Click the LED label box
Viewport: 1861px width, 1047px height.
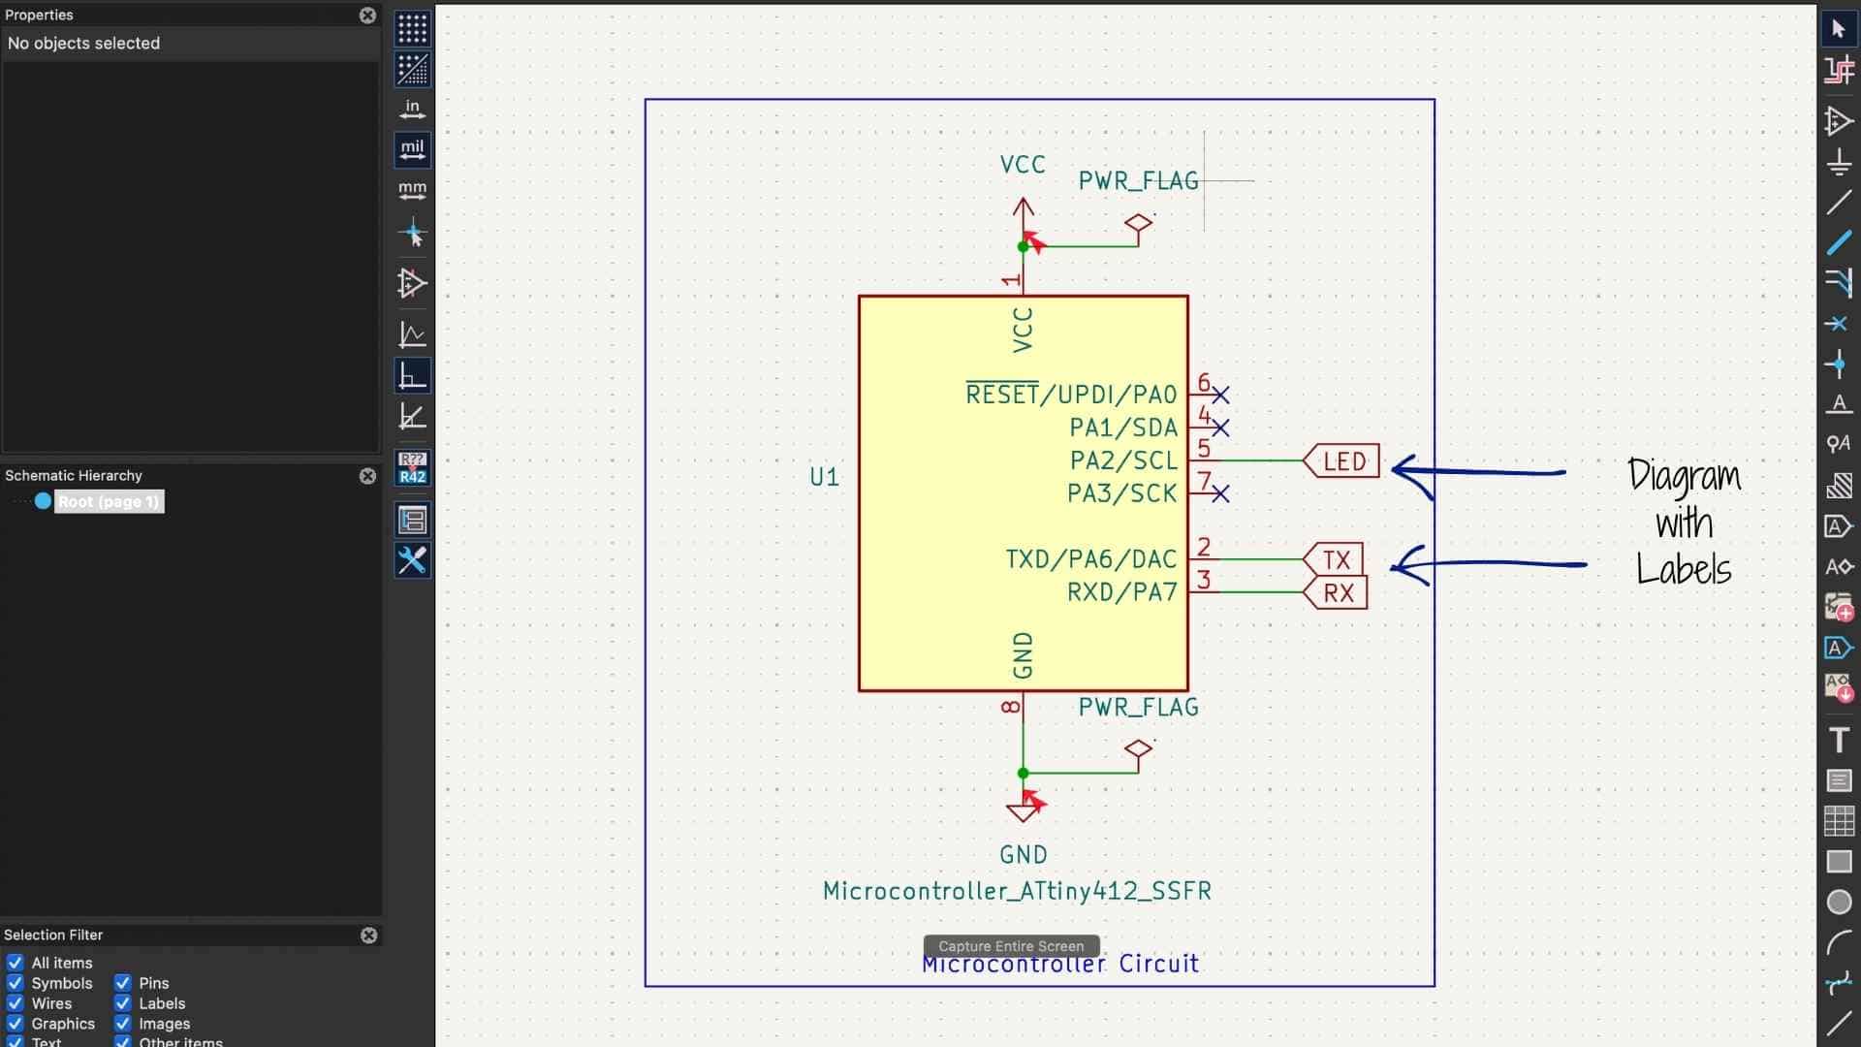pos(1343,461)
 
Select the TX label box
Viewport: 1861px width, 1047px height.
pos(1336,559)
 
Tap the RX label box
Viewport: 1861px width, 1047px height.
pos(1338,592)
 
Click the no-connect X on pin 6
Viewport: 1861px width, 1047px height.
pos(1220,395)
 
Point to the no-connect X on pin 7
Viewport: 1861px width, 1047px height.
pos(1220,494)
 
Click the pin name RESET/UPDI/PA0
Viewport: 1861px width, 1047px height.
pos(1071,395)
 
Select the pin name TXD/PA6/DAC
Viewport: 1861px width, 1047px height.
pos(1090,559)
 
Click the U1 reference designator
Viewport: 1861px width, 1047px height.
pos(824,477)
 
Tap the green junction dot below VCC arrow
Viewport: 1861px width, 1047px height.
pos(1023,246)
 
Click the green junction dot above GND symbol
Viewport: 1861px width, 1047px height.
pos(1023,773)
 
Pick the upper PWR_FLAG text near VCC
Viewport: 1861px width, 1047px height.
pos(1138,181)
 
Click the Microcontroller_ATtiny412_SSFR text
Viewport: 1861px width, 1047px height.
pos(1017,891)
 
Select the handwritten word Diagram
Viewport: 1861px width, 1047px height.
pos(1684,476)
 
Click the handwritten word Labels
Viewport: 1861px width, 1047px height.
pos(1683,569)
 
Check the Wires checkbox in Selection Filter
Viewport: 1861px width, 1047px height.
pos(16,1003)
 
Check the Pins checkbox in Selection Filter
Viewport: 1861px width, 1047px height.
pos(123,983)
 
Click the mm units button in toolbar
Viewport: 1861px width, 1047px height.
pos(412,189)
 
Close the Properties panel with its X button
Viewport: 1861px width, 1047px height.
pos(367,16)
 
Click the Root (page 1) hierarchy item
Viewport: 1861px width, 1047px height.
pos(108,501)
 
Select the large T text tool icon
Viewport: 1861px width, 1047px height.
pos(1839,741)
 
